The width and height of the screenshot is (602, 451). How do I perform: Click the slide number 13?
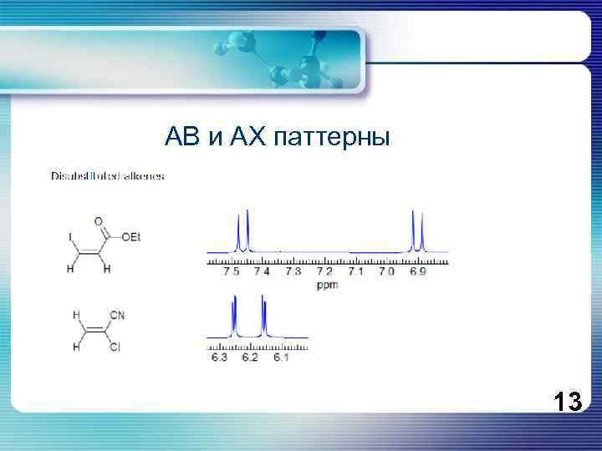[567, 403]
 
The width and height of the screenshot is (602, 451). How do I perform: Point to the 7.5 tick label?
[232, 271]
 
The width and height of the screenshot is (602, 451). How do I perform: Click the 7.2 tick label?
[324, 271]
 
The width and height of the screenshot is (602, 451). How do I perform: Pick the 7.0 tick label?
[386, 271]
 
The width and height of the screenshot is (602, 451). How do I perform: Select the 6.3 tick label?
[219, 357]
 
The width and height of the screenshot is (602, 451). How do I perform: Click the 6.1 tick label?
[280, 357]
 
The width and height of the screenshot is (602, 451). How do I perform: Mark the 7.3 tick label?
[293, 271]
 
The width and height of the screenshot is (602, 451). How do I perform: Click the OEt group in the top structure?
[131, 238]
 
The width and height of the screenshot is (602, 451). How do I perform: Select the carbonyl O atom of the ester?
[99, 221]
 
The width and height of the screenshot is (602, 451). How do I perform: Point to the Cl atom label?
[115, 347]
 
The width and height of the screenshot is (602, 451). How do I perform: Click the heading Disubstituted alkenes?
[108, 176]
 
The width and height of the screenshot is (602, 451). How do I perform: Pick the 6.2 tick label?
[250, 357]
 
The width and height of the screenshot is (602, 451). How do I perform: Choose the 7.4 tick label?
[263, 271]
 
